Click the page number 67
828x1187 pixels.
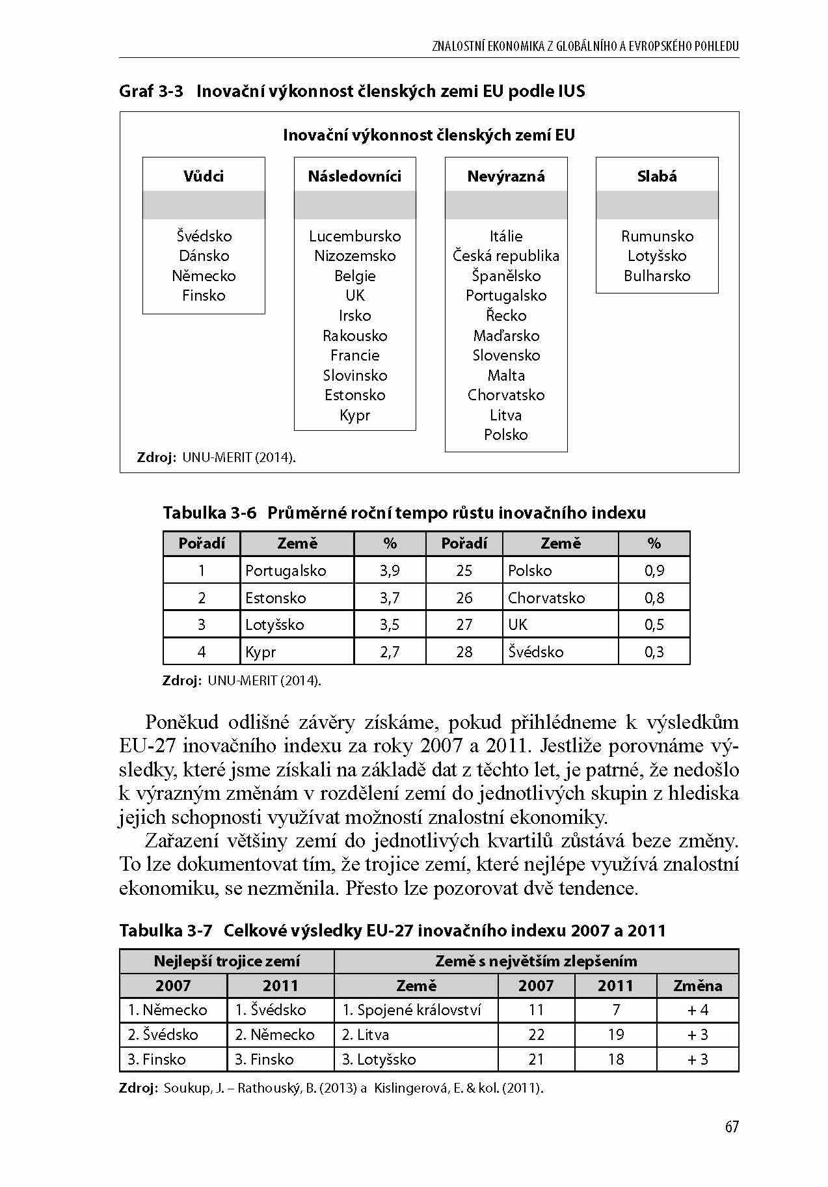pos(732,1127)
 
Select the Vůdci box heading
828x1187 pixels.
pos(204,176)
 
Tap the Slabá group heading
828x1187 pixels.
pos(657,176)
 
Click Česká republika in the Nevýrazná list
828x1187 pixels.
pos(506,256)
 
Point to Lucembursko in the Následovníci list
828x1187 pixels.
pos(355,236)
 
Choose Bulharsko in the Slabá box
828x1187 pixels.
pos(657,276)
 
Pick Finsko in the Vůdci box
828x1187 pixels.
pos(204,295)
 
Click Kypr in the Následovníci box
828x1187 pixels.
pos(355,415)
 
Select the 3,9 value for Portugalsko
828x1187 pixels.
pos(390,571)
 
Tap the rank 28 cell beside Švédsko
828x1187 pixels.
pos(464,652)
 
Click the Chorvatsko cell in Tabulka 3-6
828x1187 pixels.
pos(546,598)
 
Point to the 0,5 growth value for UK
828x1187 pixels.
pos(654,625)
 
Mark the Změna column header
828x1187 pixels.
pos(697,986)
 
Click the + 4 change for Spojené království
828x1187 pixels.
pos(697,1010)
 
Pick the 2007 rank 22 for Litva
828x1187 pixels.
pos(536,1035)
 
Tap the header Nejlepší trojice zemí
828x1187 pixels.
pos(226,961)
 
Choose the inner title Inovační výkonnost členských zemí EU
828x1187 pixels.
pos(429,135)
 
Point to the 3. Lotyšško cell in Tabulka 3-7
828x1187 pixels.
pos(379,1059)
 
